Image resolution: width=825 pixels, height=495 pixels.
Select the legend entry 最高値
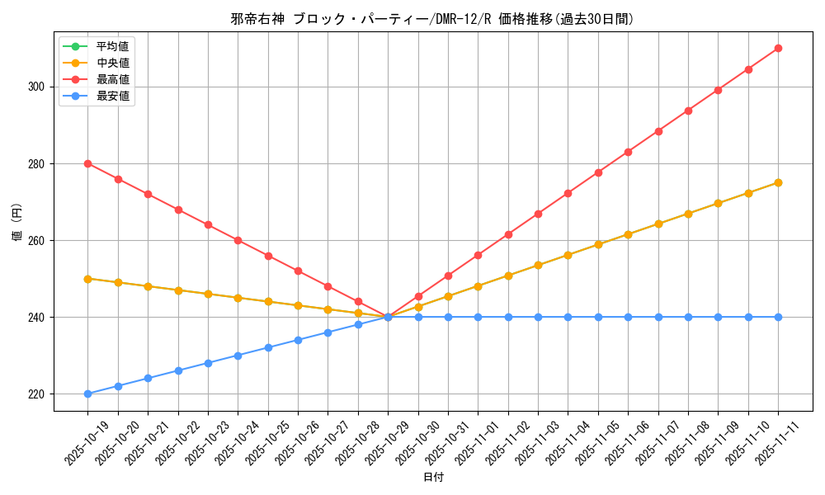(113, 79)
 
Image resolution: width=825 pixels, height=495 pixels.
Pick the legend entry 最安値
(113, 96)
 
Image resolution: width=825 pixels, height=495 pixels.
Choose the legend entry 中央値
(113, 63)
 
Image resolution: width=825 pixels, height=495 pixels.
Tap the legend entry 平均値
(113, 46)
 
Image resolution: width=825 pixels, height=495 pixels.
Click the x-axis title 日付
(433, 478)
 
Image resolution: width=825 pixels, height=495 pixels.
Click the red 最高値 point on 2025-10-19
(87, 163)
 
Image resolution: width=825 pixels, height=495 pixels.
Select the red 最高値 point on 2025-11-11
(778, 48)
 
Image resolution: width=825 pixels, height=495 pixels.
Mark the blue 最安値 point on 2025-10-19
(87, 394)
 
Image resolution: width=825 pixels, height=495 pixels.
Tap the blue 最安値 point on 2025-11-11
(778, 317)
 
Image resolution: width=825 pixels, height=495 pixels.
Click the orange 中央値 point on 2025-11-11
(778, 182)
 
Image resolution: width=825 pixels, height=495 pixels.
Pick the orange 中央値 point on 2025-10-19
(87, 279)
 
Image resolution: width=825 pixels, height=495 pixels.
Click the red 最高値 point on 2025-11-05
(598, 172)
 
